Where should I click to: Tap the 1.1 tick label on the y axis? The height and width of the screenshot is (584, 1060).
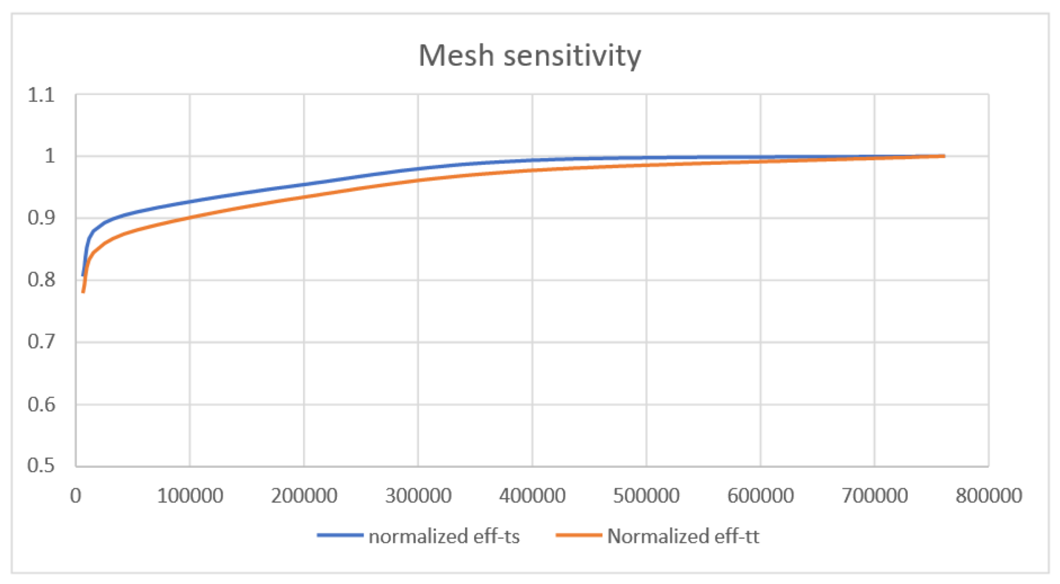[x=41, y=95]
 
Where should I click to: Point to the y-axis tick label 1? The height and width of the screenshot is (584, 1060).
[x=49, y=156]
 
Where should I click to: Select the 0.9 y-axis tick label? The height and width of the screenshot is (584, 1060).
[x=41, y=218]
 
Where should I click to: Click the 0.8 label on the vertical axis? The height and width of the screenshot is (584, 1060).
[x=41, y=280]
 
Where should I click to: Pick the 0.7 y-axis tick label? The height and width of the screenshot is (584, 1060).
[x=41, y=341]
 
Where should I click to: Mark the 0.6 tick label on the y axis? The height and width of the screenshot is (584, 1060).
[x=41, y=404]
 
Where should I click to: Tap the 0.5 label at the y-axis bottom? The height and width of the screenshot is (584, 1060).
[x=41, y=465]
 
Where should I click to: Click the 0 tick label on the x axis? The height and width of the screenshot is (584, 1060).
[x=76, y=496]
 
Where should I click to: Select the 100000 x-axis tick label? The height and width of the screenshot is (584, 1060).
[x=190, y=496]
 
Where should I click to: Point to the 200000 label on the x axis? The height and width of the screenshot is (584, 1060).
[x=304, y=496]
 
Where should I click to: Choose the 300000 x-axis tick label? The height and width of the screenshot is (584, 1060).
[x=418, y=496]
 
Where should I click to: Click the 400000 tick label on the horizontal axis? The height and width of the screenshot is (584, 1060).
[x=532, y=496]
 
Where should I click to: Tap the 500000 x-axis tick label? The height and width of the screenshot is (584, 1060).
[x=646, y=496]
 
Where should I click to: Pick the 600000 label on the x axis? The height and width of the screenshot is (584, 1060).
[x=761, y=496]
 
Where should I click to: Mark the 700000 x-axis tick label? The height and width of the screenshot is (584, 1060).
[x=875, y=496]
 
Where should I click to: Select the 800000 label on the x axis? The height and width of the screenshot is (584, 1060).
[x=989, y=496]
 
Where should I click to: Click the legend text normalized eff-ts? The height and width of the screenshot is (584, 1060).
[x=444, y=536]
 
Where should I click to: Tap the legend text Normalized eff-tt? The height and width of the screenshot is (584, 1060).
[x=683, y=536]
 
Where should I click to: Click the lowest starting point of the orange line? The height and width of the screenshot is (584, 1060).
[x=83, y=292]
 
